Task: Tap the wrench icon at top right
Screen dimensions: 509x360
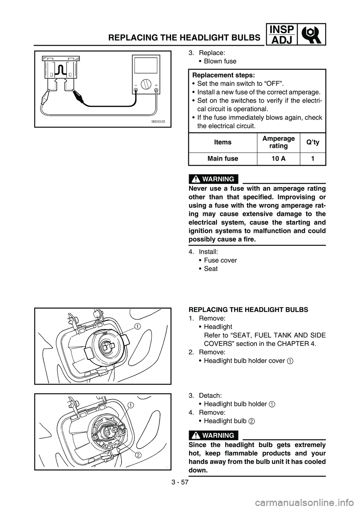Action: coord(311,34)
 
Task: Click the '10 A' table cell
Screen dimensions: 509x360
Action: coord(278,159)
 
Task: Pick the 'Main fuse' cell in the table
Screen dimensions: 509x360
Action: coord(223,159)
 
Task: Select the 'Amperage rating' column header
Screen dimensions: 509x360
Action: coord(278,142)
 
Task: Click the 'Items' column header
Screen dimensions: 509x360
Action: coord(223,142)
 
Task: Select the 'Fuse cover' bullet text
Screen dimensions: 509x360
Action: coord(220,260)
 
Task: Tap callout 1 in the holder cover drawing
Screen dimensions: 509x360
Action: coord(138,326)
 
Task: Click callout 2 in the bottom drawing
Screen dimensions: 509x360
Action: coord(138,455)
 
